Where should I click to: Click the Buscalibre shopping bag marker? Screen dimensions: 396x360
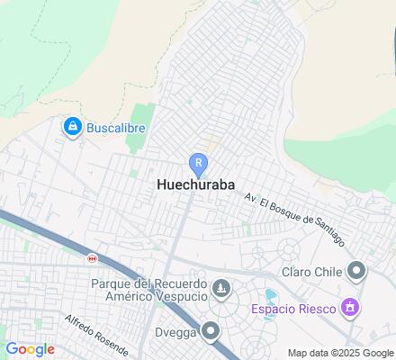72,129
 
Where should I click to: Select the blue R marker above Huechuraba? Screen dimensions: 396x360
198,164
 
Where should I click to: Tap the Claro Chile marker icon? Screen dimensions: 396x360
356,270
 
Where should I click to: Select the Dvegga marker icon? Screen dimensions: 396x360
211,330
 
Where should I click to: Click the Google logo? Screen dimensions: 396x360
30,349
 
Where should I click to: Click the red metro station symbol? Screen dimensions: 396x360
91,258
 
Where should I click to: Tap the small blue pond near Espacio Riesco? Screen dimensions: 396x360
269,295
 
